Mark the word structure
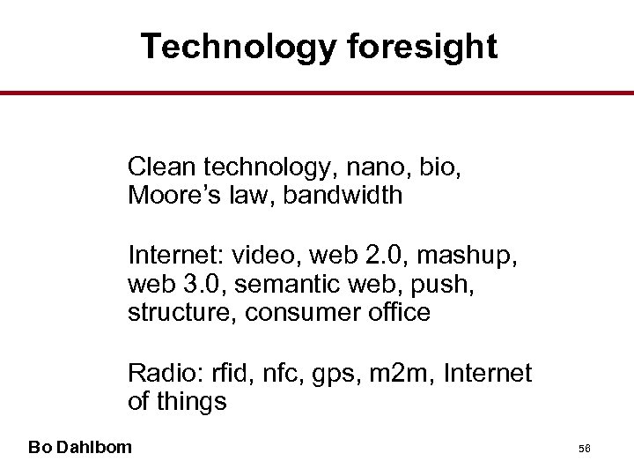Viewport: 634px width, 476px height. pos(183,313)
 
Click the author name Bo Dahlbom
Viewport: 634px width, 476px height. pos(80,447)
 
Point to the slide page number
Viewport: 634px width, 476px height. pos(584,449)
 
